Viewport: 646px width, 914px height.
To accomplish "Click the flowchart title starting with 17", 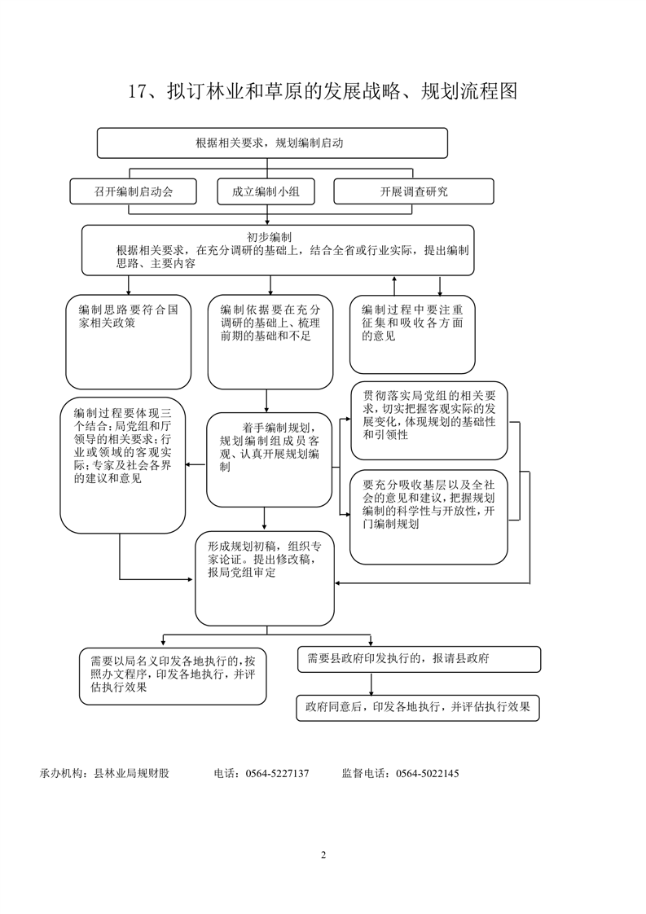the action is (323, 91).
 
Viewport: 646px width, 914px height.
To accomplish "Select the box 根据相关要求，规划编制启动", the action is (272, 143).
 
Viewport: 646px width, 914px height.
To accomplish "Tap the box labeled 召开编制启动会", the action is (134, 191).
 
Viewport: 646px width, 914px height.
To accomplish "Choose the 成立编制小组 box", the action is (266, 191).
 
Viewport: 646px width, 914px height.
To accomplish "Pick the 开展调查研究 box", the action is (413, 191).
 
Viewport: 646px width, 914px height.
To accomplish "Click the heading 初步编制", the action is (270, 237).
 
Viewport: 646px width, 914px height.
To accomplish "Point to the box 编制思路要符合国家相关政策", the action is (128, 342).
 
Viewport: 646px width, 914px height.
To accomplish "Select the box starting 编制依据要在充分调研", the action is (270, 342).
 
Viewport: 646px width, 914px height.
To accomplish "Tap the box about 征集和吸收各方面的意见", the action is (412, 335).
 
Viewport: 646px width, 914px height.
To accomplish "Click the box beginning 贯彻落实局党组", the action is (429, 421).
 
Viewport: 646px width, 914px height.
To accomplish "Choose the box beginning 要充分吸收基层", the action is (428, 517).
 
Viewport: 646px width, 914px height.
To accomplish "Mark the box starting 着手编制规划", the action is (270, 460).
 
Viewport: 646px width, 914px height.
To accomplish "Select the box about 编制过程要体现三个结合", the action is (123, 466).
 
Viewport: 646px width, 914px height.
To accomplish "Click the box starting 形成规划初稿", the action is (266, 579).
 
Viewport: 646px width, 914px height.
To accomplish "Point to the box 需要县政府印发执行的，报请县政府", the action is (420, 659).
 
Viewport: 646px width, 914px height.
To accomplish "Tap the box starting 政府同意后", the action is (418, 708).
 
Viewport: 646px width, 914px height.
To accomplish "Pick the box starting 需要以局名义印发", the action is (173, 676).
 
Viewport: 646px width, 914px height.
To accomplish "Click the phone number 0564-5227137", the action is (278, 774).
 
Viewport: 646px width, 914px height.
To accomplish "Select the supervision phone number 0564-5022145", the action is (428, 774).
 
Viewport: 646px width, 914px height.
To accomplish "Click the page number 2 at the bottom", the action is (323, 855).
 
